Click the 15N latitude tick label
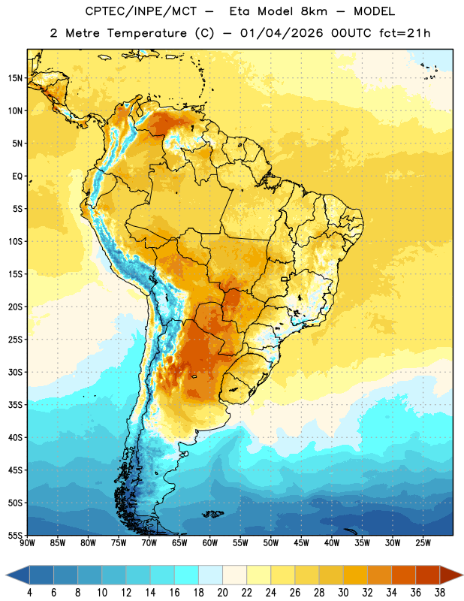tap(15, 78)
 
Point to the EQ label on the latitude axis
tap(17, 177)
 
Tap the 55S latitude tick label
tap(15, 536)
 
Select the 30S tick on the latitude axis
tap(15, 372)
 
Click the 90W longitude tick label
tap(27, 543)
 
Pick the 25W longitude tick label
tap(423, 543)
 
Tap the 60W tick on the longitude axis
tap(210, 543)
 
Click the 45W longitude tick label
tap(302, 543)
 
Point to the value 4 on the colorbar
tap(29, 593)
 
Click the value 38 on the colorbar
tap(440, 593)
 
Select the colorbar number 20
tap(222, 593)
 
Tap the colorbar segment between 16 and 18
tap(186, 575)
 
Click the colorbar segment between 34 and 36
tap(403, 575)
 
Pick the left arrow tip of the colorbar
tap(6, 575)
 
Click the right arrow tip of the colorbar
tap(463, 575)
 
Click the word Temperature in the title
tap(146, 33)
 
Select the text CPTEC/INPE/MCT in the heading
tap(141, 11)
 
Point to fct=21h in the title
tap(405, 33)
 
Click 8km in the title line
tap(314, 11)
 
